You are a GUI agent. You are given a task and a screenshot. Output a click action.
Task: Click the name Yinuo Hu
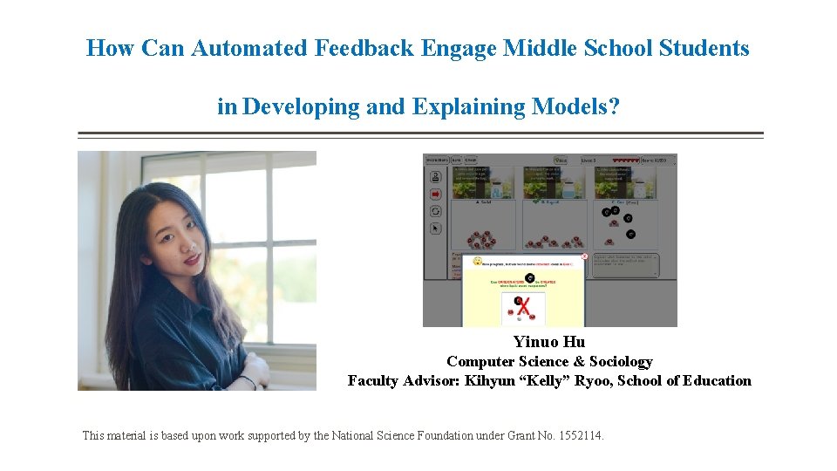click(549, 342)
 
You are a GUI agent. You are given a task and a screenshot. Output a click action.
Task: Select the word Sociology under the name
click(621, 361)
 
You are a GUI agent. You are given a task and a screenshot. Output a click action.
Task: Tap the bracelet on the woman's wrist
click(250, 380)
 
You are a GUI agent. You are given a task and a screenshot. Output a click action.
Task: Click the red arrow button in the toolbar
click(435, 194)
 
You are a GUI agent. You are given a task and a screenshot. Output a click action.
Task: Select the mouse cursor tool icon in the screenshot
click(435, 229)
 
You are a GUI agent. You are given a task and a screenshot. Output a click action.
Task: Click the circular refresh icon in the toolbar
click(435, 211)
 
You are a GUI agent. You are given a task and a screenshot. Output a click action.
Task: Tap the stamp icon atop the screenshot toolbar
click(435, 175)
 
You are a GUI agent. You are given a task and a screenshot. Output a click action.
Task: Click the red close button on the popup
click(584, 257)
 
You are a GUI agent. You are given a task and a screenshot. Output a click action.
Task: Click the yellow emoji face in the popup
click(477, 261)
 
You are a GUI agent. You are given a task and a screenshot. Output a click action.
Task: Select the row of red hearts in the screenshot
click(625, 160)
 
